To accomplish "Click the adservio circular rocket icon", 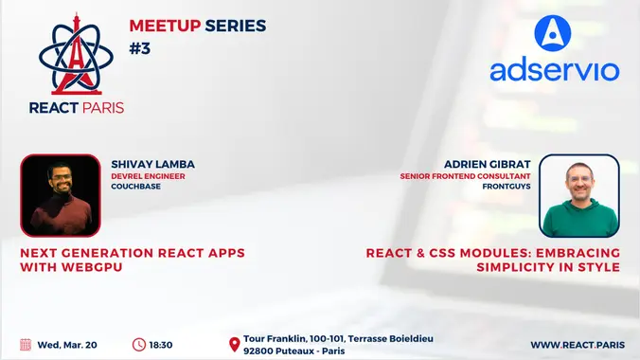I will tap(553, 33).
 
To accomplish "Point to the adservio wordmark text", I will tap(554, 71).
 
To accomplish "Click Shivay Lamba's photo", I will tap(60, 195).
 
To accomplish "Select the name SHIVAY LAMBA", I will tap(152, 164).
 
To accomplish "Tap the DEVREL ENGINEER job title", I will tap(149, 176).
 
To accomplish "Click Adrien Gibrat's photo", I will tap(579, 195).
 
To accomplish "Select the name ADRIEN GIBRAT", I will tap(488, 164).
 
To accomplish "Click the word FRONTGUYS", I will tap(504, 187).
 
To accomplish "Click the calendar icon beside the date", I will tap(26, 344).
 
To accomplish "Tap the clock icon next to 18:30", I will tap(139, 344).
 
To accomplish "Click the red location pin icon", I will tap(234, 345).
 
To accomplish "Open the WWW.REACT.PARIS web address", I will tap(575, 345).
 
